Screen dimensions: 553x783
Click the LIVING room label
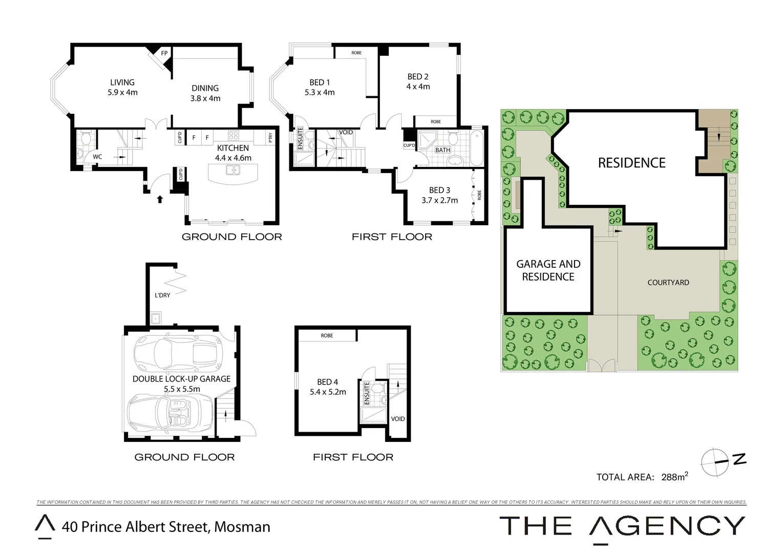[122, 82]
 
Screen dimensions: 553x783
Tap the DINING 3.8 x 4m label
[205, 93]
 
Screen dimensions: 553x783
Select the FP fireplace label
[164, 53]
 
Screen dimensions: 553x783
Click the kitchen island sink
[233, 170]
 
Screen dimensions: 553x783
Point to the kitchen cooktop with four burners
[233, 136]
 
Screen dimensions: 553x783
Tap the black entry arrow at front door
[160, 199]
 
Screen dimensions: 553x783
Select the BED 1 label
[320, 82]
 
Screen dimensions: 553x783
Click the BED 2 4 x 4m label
[418, 81]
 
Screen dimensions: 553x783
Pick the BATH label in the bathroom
[442, 150]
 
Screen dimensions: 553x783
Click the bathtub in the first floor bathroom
[476, 148]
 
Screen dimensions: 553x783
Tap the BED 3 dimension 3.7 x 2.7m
[439, 200]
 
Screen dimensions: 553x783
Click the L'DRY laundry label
[162, 295]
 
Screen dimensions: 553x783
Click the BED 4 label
[327, 382]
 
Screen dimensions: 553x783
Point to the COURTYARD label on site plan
[668, 283]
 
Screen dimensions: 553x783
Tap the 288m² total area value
[674, 477]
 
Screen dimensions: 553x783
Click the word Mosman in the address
[242, 527]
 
